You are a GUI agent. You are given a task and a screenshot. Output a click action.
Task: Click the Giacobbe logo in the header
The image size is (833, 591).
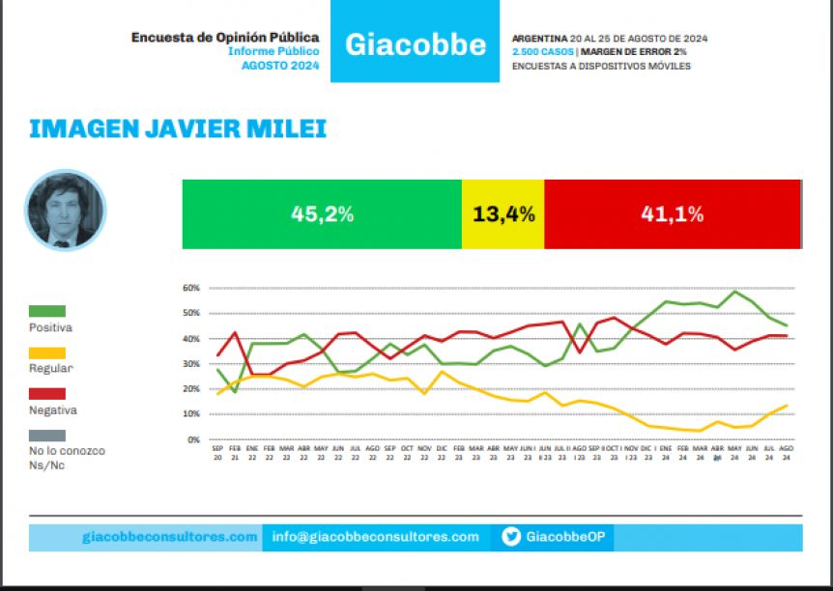coord(415,44)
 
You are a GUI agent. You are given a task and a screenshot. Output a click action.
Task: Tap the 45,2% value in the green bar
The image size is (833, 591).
coord(322,214)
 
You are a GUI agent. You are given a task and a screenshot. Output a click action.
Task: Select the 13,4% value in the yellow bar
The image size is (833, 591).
coord(503,214)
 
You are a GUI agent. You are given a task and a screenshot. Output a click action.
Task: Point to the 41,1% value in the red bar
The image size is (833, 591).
coord(672,214)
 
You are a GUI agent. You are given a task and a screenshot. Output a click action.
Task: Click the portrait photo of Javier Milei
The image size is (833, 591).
coord(65,211)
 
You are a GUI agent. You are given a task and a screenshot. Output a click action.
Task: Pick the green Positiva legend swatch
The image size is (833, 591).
coord(47,311)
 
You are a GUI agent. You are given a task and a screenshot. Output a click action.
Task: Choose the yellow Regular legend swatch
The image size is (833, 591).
coord(47,352)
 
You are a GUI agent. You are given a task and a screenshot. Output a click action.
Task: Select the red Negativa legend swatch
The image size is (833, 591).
coord(47,394)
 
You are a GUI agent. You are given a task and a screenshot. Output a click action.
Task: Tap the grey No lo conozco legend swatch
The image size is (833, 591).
coord(47,435)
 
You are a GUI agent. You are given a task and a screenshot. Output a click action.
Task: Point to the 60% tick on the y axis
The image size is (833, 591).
coord(190,288)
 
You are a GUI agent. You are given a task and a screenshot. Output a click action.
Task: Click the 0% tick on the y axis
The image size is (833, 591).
coord(192,439)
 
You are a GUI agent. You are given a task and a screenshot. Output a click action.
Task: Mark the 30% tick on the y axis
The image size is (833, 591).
coord(190,364)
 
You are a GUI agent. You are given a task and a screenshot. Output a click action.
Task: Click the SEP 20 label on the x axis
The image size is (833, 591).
coord(217,453)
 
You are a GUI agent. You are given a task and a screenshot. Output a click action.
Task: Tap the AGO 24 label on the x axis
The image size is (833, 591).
coord(787,453)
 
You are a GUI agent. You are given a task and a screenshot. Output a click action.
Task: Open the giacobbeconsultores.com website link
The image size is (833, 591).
coord(170,537)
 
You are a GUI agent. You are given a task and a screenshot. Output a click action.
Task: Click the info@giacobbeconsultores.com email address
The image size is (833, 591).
coord(375,537)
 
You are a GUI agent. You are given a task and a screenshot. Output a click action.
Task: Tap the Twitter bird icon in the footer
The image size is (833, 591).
coord(511,538)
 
